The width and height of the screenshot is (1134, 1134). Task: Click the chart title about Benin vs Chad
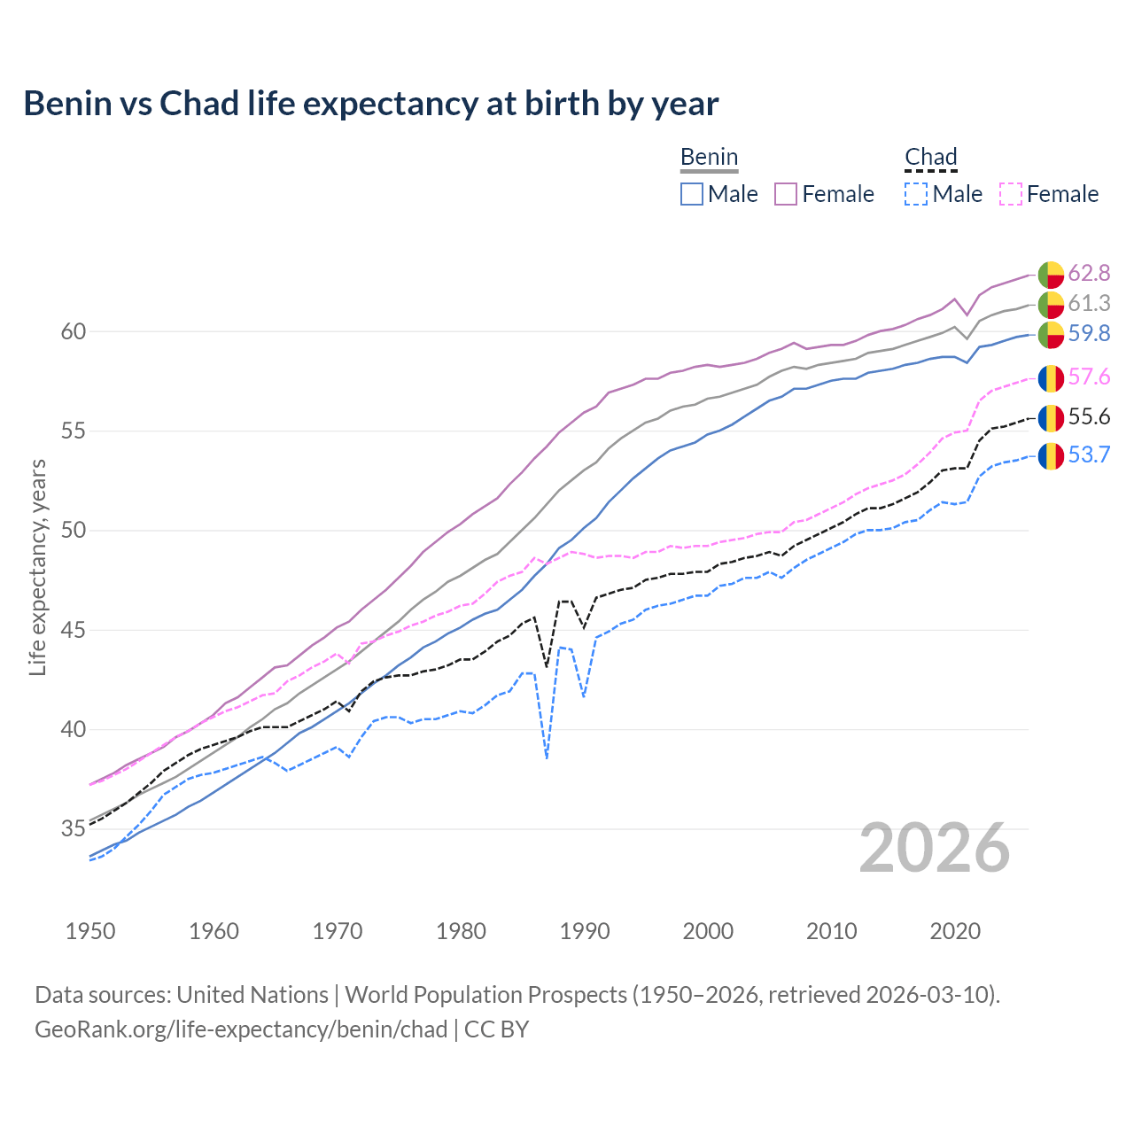(370, 104)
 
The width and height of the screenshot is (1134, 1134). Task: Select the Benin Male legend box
(692, 194)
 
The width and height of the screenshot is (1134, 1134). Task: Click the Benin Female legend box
(786, 194)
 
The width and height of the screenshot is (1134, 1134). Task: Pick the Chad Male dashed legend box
(916, 194)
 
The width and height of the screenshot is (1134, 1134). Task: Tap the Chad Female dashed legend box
(1011, 194)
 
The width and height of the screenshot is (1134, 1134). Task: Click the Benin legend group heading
(709, 158)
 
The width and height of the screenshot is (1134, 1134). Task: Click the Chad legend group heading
(931, 158)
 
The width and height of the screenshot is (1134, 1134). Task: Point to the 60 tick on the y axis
(74, 331)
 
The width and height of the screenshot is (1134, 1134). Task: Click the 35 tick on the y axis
(74, 829)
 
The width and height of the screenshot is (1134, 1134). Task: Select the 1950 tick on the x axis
(90, 931)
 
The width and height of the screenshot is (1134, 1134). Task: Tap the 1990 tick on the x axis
(585, 931)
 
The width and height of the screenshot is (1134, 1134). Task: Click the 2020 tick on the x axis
(955, 931)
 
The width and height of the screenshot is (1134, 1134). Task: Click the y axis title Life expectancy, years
(37, 567)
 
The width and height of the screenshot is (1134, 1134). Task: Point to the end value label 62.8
(1089, 273)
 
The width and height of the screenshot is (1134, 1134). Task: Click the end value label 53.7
(1089, 455)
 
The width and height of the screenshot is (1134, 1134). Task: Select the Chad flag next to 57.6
(1051, 378)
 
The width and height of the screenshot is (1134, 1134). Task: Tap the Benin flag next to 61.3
(1051, 304)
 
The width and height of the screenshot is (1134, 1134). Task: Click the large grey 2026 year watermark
(935, 848)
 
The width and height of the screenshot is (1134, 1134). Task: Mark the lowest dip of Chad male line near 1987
(548, 757)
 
